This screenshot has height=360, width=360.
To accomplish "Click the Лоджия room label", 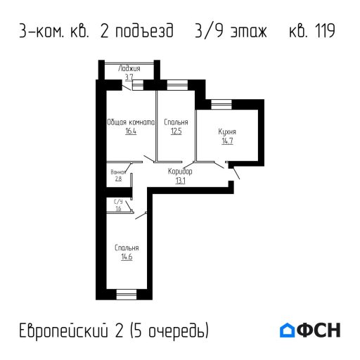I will pyautogui.click(x=130, y=69).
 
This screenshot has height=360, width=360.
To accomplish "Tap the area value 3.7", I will pyautogui.click(x=129, y=77).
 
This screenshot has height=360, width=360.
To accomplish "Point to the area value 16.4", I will pyautogui.click(x=130, y=131).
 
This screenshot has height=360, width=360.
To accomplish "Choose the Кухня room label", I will pyautogui.click(x=227, y=131).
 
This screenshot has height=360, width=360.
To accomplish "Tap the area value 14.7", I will pyautogui.click(x=227, y=141).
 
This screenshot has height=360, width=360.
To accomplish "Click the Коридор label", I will pyautogui.click(x=180, y=172).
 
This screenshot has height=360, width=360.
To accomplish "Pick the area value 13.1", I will pyautogui.click(x=180, y=181).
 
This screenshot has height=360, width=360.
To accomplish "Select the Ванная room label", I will pyautogui.click(x=118, y=172).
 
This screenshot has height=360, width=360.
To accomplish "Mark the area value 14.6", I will pyautogui.click(x=127, y=257).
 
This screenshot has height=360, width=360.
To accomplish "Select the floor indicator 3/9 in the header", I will pyautogui.click(x=207, y=32).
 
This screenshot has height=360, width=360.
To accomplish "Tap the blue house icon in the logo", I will pyautogui.click(x=288, y=330).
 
